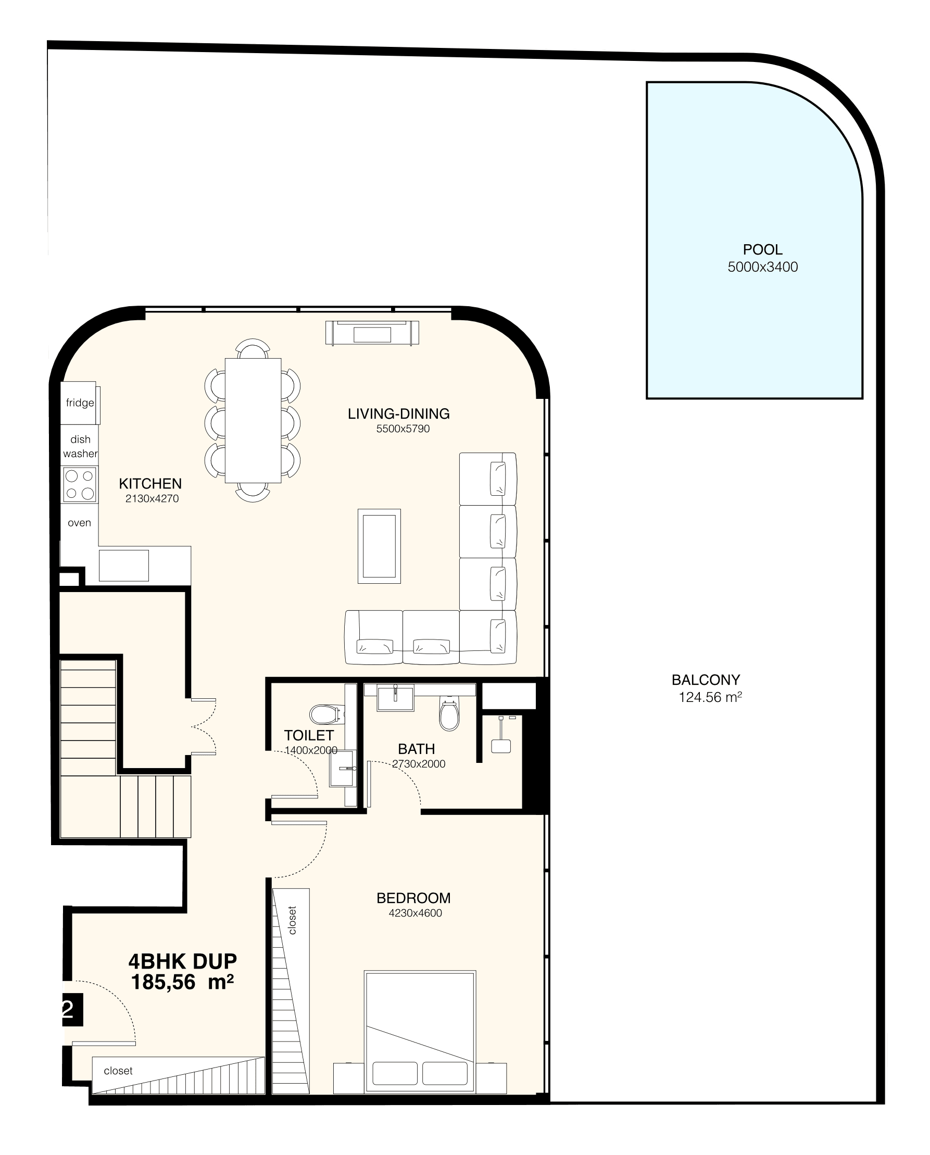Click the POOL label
tap(762, 249)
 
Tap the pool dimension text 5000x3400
tap(762, 267)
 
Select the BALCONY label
tap(706, 680)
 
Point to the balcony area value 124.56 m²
tap(710, 697)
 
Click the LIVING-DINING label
tap(398, 413)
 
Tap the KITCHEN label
tap(150, 484)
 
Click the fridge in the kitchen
tap(80, 403)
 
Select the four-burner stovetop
tap(80, 484)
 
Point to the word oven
tap(79, 523)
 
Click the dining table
tap(253, 421)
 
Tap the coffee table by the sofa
tap(379, 546)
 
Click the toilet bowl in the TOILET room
tap(326, 713)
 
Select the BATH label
tap(416, 749)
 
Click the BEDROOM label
tap(413, 898)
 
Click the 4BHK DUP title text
tap(183, 962)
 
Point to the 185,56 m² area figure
tap(183, 982)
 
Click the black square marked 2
tap(72, 1009)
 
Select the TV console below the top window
tap(372, 333)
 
